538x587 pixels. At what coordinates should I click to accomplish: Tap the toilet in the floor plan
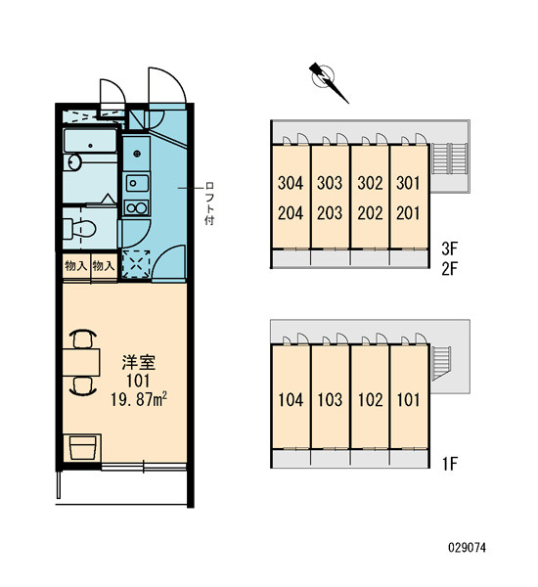79,228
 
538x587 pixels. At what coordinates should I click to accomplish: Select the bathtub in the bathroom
90,141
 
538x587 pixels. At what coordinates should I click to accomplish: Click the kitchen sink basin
137,184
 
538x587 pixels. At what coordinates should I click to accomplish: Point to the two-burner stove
137,207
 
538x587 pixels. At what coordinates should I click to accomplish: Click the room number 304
291,184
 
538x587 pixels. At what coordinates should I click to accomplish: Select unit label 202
371,213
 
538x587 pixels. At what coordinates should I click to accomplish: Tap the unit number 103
330,400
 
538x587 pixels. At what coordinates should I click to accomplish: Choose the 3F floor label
449,248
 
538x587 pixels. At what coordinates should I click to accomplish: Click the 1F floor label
450,464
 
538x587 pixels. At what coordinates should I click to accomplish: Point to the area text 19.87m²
139,400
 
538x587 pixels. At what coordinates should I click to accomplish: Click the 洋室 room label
139,362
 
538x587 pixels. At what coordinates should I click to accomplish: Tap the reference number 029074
468,548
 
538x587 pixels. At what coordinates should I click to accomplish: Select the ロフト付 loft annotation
209,204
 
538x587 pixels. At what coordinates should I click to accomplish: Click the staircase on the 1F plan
441,362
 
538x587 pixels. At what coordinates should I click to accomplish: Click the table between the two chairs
81,362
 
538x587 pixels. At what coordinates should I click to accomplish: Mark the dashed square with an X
136,264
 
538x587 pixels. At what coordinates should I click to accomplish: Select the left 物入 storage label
76,266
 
